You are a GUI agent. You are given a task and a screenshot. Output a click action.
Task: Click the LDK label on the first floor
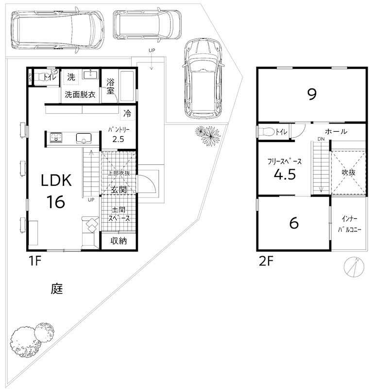56,180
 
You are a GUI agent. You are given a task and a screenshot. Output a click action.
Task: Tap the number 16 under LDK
56,202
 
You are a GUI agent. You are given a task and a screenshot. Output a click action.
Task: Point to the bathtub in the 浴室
127,86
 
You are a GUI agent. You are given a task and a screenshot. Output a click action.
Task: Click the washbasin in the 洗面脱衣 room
90,74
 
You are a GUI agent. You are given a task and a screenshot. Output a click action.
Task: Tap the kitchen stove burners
56,137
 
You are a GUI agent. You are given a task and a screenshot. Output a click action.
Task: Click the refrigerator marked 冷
127,113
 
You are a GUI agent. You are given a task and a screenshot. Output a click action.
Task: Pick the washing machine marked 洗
71,77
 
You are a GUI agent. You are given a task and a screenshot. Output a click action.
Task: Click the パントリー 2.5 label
118,135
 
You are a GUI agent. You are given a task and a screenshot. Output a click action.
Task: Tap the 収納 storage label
118,241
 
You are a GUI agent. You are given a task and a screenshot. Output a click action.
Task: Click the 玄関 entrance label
118,190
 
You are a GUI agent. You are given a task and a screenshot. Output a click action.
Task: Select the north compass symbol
354,267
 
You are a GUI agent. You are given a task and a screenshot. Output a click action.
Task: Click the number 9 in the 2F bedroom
312,94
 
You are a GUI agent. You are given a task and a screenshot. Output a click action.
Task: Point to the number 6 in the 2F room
294,223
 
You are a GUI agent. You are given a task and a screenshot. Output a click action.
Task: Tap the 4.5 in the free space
285,174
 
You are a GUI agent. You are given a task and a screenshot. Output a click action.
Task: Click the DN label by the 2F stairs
321,139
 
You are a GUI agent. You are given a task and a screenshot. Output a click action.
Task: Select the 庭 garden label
57,288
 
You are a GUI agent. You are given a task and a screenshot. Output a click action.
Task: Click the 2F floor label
266,261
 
